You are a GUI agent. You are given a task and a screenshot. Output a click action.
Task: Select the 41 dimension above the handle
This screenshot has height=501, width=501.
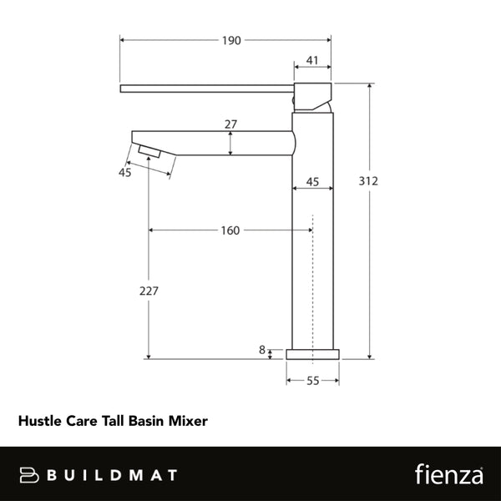[x=312, y=60]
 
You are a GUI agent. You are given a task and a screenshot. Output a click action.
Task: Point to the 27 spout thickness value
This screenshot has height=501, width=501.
[x=231, y=124]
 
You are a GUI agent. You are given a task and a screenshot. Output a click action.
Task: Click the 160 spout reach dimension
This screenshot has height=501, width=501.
[x=230, y=230]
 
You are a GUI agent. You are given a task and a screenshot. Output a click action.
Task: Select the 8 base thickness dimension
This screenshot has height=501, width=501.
[x=262, y=351]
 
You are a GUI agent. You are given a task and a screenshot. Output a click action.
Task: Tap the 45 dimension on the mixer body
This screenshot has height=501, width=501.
[x=313, y=181]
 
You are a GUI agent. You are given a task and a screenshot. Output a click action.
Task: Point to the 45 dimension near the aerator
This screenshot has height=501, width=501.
[x=125, y=173]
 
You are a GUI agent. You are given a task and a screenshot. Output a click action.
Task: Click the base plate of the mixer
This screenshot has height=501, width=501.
[x=313, y=354]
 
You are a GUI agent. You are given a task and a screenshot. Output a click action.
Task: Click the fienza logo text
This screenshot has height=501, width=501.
[x=449, y=474]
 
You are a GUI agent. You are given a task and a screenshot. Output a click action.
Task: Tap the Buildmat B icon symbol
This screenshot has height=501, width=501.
[x=28, y=475]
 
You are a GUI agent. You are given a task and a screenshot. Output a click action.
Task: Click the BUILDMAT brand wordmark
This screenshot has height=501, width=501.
[x=112, y=475]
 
